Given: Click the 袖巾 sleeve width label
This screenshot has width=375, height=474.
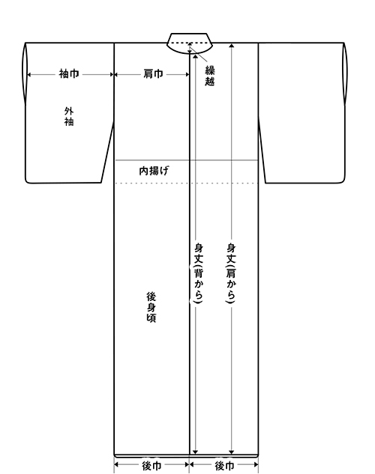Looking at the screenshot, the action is [x=69, y=74].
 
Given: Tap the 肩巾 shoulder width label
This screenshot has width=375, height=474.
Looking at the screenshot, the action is [x=153, y=74].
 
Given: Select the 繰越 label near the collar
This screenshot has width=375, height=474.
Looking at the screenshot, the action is [x=210, y=76].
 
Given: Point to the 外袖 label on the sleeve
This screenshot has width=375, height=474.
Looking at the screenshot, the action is [x=69, y=116].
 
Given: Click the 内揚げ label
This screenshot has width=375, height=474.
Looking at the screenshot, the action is [x=154, y=171].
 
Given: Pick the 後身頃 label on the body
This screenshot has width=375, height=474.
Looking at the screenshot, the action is [x=151, y=307].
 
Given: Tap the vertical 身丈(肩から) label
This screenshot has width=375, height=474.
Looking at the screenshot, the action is [x=231, y=273].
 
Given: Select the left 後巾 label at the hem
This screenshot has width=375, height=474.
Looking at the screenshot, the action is [x=151, y=466].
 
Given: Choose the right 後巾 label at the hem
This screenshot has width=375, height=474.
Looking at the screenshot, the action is [x=224, y=466].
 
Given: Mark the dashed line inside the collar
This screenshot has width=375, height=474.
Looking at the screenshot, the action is [x=190, y=43].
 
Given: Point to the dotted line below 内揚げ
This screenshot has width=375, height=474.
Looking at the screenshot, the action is [x=186, y=183].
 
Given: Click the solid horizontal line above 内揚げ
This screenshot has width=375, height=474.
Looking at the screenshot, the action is [x=186, y=160].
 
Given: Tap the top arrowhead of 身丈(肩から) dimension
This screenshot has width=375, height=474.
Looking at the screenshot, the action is [x=232, y=46].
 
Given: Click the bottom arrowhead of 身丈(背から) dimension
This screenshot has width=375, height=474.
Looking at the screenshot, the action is [x=195, y=452].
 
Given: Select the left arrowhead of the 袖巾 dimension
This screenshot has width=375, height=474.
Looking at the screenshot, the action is [x=29, y=74].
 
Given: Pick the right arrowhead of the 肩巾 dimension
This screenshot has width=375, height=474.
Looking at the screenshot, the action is [x=187, y=74].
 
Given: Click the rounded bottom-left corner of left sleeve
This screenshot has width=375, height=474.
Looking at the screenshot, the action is [x=27, y=181].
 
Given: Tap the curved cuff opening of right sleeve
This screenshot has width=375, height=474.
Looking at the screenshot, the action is [x=346, y=73].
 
